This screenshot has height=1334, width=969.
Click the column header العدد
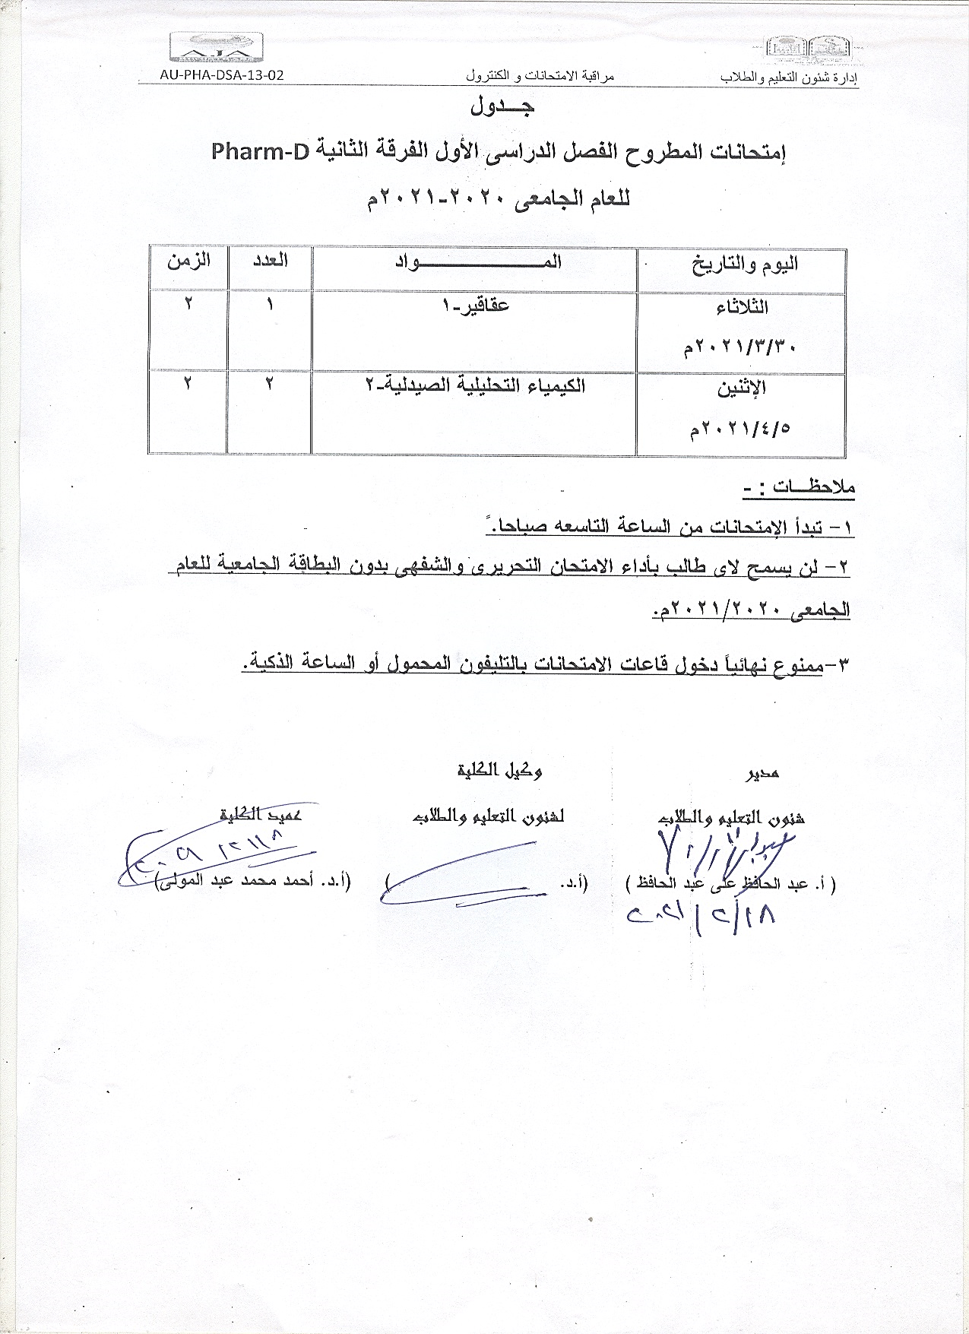click(270, 260)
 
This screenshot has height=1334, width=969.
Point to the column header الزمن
click(189, 260)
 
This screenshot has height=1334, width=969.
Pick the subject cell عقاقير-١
click(476, 306)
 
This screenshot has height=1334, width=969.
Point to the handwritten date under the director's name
click(701, 917)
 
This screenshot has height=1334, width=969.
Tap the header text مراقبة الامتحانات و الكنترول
click(539, 76)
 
